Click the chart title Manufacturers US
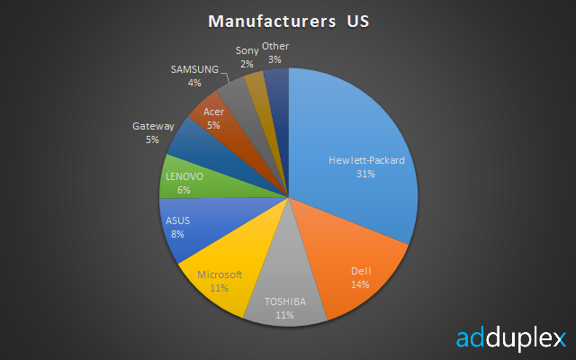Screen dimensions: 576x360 [x=288, y=22]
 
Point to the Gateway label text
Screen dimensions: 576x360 [x=153, y=126]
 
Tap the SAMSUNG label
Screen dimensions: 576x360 [x=194, y=69]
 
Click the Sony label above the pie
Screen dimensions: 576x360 [x=247, y=50]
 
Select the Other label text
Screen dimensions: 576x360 [x=275, y=46]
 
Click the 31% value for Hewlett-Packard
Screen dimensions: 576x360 [x=366, y=174]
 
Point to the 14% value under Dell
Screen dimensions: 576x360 [x=360, y=284]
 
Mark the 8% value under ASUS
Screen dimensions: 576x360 [x=178, y=234]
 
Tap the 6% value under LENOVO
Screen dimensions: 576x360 [x=184, y=190]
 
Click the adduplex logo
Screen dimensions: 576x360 [x=511, y=338]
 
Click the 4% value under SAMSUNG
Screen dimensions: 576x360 [x=194, y=83]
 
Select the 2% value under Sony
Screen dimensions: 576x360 [x=247, y=64]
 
